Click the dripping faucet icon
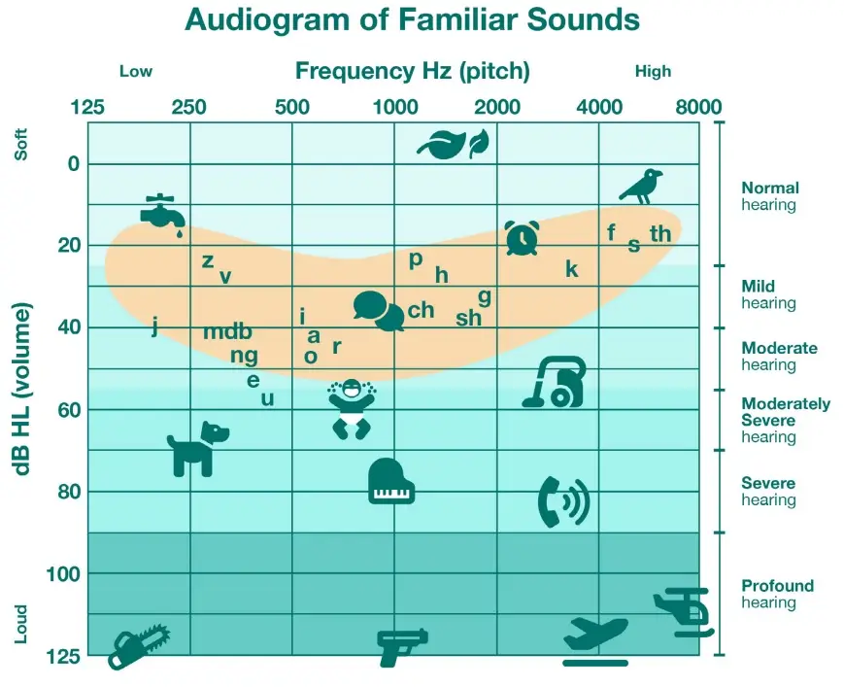point(162,216)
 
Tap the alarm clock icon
point(523,237)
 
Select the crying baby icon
point(352,409)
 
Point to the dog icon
point(197,449)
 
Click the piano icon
point(391,481)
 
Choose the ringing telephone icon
point(563,501)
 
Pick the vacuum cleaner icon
point(555,382)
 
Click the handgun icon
point(402,647)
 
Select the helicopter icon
point(684,612)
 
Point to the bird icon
point(641,187)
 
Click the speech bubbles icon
point(379,311)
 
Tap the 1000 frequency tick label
point(395,107)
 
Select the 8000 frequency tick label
point(698,107)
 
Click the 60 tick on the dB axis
point(68,410)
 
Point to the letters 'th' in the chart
point(659,233)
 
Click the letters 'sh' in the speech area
point(468,318)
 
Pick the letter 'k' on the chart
point(572,268)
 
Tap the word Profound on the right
point(777,585)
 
